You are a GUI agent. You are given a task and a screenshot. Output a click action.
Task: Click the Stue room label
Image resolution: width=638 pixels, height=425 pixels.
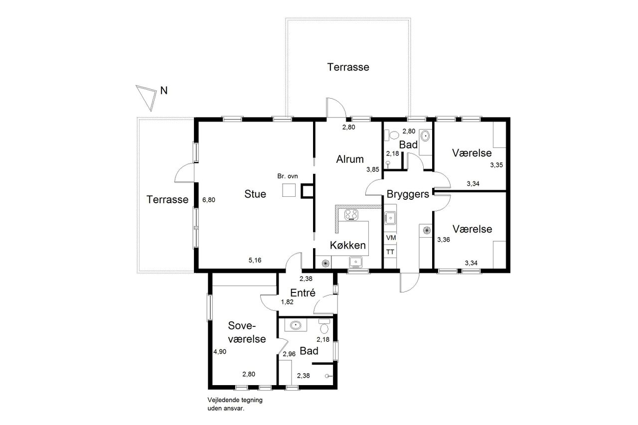point(255,194)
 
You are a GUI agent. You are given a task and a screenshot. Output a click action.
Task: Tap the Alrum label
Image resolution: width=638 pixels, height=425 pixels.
point(350,159)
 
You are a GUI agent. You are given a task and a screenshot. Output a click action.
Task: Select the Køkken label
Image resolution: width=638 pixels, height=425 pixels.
point(348,245)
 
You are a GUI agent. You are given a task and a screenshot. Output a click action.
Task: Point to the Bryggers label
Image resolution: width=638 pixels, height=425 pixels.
point(408,194)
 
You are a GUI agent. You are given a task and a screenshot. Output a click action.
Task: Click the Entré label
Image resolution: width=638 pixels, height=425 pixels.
point(303,292)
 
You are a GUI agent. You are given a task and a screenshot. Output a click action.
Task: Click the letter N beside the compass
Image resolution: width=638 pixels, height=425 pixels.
point(164,91)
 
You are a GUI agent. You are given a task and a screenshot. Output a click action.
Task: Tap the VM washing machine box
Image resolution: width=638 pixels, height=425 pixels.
point(390,237)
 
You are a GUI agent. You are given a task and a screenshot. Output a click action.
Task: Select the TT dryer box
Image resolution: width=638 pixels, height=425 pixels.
point(390,252)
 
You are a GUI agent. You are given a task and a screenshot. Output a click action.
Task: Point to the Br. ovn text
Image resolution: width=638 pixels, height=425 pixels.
point(288,176)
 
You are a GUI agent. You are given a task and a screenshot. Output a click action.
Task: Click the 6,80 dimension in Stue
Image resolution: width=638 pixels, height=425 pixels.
point(209,200)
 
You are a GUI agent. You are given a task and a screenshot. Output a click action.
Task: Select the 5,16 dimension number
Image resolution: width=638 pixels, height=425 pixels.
point(255,260)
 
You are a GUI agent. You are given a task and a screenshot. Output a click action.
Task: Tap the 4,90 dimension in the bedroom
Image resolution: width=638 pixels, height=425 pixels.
point(220,352)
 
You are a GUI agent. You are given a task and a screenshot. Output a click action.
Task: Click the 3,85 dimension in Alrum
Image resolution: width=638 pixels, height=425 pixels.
point(373,170)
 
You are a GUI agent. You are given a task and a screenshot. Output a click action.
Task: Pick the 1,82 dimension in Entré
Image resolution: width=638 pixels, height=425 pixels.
point(287,302)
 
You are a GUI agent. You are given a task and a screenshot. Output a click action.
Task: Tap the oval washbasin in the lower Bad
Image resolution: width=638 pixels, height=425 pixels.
point(296,325)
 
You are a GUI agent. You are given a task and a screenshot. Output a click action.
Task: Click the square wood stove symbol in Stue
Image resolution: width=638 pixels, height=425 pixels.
point(289,190)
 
